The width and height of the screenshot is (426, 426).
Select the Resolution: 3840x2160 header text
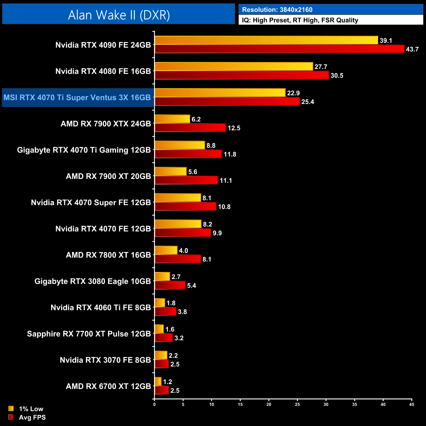pyautogui.click(x=277, y=10)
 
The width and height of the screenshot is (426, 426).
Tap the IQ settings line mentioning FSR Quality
pyautogui.click(x=300, y=20)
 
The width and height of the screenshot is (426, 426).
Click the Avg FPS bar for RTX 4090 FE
pyautogui.click(x=279, y=49)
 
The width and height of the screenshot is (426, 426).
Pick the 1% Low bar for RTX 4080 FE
pyautogui.click(x=234, y=67)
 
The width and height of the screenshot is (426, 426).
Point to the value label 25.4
pyautogui.click(x=308, y=102)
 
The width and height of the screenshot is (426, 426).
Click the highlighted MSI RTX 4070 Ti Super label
pyautogui.click(x=77, y=98)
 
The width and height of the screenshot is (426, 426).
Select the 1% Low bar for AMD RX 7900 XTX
pyautogui.click(x=172, y=119)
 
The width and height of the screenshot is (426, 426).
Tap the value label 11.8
pyautogui.click(x=230, y=154)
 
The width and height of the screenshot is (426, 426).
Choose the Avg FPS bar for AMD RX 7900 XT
pyautogui.click(x=186, y=180)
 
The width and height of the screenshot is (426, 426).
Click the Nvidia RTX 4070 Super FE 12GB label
pyautogui.click(x=91, y=203)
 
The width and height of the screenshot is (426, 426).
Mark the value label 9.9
pyautogui.click(x=217, y=233)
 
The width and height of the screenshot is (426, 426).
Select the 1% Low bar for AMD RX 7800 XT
pyautogui.click(x=166, y=250)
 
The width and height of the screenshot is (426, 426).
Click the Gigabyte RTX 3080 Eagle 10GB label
pyautogui.click(x=92, y=281)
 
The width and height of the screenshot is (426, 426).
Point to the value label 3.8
pyautogui.click(x=182, y=312)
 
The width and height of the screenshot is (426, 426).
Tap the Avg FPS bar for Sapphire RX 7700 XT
pyautogui.click(x=164, y=338)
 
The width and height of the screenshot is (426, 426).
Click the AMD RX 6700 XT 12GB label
pyautogui.click(x=108, y=386)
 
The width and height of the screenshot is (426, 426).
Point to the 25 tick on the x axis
pyautogui.click(x=297, y=405)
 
